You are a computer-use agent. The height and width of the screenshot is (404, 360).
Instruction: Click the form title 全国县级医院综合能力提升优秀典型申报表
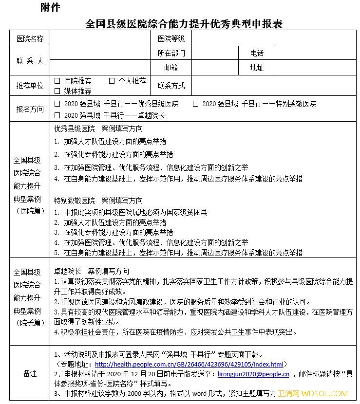coord(184,23)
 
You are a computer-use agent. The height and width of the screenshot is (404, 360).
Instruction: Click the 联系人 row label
coord(30,61)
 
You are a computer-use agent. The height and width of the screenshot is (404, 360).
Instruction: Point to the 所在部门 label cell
coord(171,53)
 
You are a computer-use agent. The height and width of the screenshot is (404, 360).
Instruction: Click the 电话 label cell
coord(257,53)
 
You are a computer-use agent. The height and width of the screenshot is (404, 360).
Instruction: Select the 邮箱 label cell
coord(171,68)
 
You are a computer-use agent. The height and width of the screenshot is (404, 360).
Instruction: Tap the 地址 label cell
coord(257,68)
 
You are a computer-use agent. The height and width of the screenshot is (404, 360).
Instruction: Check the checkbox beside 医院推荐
coord(57,81)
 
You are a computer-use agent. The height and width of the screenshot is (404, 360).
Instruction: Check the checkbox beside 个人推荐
coord(112,81)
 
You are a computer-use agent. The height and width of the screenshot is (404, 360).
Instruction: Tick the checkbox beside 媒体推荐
coord(57,91)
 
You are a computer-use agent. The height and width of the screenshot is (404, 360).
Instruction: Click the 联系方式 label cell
coord(171,86)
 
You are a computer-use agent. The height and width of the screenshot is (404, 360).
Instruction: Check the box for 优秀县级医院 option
coord(57,104)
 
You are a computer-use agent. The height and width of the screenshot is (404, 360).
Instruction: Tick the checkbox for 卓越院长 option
coord(57,115)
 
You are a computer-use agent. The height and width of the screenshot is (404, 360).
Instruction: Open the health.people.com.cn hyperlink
coord(189,364)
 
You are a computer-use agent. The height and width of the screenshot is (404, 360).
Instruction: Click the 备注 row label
coord(30,374)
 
